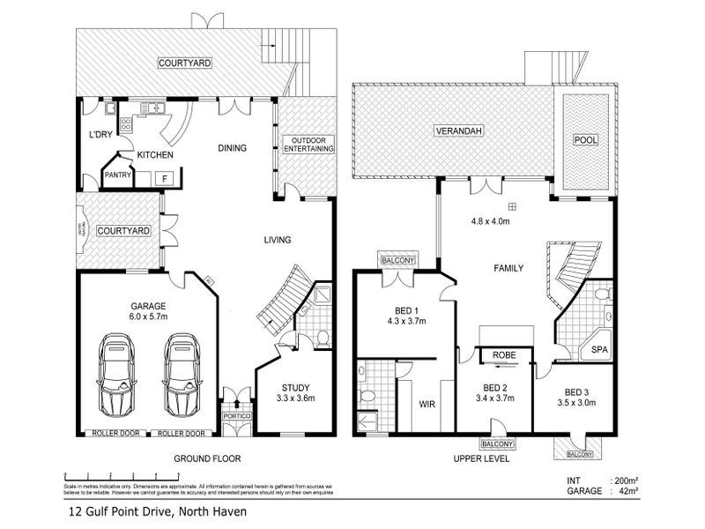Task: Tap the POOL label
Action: pyautogui.click(x=584, y=140)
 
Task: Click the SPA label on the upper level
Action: pyautogui.click(x=599, y=350)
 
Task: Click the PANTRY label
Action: pyautogui.click(x=118, y=175)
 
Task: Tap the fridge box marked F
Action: pyautogui.click(x=163, y=178)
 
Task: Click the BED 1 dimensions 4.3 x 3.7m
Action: pyautogui.click(x=404, y=321)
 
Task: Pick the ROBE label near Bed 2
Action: pyautogui.click(x=503, y=354)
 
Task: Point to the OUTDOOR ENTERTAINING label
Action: pyautogui.click(x=308, y=145)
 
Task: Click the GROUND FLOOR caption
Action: pyautogui.click(x=207, y=458)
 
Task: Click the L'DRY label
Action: pyautogui.click(x=100, y=134)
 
